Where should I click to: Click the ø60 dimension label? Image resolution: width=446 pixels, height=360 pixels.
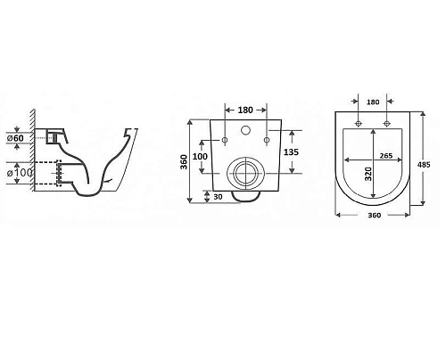(15, 138)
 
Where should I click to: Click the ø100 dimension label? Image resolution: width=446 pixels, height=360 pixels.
(20, 173)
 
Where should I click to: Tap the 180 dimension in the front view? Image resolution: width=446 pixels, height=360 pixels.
(245, 110)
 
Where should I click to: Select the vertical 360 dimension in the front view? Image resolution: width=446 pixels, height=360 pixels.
(185, 161)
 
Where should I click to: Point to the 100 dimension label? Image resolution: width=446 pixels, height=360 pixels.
(200, 156)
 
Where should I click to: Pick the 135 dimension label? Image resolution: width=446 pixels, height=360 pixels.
(291, 152)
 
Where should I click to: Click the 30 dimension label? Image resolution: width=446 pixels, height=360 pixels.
(218, 197)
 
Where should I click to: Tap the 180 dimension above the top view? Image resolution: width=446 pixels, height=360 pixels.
(373, 102)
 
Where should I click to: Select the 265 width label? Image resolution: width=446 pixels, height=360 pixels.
(386, 156)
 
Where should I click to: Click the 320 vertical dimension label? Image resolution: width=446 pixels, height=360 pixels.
(368, 174)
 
